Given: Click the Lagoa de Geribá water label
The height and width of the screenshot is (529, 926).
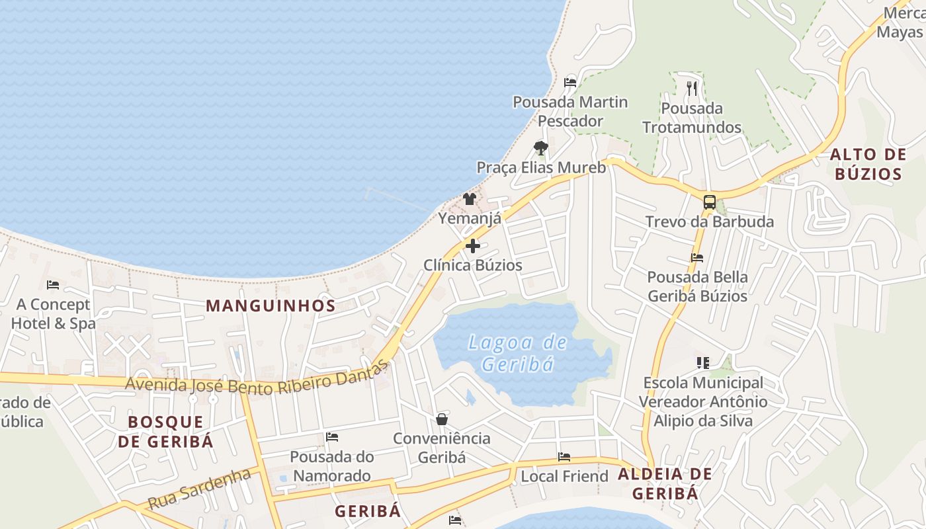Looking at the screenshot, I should [517, 353].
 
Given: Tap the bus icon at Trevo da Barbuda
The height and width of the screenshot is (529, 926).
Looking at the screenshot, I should [709, 202].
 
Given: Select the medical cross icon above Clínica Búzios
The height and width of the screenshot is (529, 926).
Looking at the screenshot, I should [473, 246].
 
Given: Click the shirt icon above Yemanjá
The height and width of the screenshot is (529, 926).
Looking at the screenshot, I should [470, 198].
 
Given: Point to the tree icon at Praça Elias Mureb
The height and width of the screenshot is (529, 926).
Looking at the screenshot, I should [541, 147].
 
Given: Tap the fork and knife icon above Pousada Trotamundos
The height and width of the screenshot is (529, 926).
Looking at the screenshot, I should [692, 88].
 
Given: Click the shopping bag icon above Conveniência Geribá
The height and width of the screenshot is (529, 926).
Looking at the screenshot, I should [442, 419].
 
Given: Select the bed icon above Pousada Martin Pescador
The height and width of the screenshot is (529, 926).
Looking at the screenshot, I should [570, 83].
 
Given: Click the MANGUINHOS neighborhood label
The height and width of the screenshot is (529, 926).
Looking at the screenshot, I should [271, 305].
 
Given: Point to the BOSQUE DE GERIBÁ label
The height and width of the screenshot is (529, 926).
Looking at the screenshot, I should [166, 432].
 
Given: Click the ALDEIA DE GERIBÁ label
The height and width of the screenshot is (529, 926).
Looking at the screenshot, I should [665, 483].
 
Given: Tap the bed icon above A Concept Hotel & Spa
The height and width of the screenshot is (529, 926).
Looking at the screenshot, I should [53, 285].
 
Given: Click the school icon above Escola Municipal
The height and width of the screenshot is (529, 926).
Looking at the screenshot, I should [702, 362].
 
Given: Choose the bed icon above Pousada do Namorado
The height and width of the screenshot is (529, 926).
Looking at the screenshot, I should [332, 437].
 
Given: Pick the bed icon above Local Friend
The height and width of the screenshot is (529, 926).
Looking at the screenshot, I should [564, 457].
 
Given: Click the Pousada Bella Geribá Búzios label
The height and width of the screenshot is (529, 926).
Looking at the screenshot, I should [697, 286].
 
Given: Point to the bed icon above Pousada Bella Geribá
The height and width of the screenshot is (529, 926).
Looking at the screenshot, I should [697, 257].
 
